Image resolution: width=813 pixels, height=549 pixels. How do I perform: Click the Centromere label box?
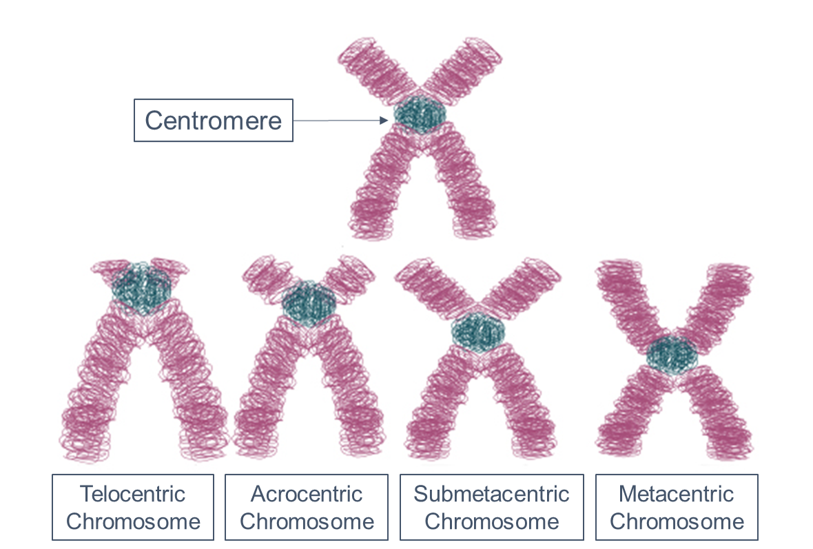pos(213,121)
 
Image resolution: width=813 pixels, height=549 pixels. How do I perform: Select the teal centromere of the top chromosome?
pos(420,115)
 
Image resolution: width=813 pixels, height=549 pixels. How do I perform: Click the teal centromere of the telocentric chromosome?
pos(142,288)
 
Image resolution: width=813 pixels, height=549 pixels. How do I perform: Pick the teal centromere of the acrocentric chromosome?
pos(309,302)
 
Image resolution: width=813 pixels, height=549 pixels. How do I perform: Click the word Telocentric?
pos(133,494)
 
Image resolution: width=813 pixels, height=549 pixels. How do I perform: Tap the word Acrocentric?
pos(307,494)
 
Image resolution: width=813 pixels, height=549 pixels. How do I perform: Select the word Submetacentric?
pos(491,494)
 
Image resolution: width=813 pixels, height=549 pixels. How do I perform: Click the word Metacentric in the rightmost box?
pos(677,494)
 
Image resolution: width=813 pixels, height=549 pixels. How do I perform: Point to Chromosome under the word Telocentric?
pos(133,521)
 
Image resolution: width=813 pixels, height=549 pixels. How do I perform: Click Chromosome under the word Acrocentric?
pos(307,521)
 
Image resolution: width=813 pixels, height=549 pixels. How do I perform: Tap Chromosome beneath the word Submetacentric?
pos(491,521)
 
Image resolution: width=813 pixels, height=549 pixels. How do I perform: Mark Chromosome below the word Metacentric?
pos(677,521)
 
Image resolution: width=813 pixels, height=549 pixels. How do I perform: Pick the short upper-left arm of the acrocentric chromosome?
pos(265,276)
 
